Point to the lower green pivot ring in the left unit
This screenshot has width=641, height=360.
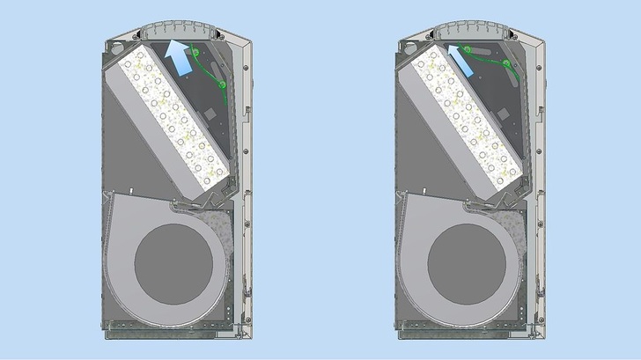222,85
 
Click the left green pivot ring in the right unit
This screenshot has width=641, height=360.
469,49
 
